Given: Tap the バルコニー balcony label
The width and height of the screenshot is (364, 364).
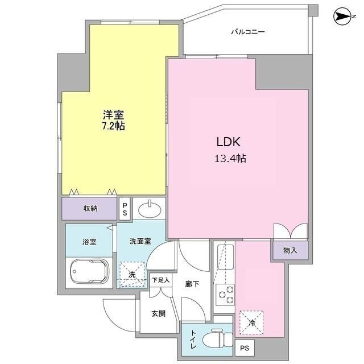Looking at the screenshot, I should coord(248,32).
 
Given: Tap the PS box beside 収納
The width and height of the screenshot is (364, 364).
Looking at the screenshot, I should coord(125,209).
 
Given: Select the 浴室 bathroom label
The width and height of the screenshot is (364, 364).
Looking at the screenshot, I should coord(89,242).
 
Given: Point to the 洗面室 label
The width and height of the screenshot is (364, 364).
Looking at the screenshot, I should coord(139,241).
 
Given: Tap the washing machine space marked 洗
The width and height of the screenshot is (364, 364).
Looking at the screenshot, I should coord(132,273).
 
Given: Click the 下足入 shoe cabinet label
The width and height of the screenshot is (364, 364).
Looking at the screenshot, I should coord(161,280).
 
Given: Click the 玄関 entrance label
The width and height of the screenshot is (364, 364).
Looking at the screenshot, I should coord(159,313).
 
